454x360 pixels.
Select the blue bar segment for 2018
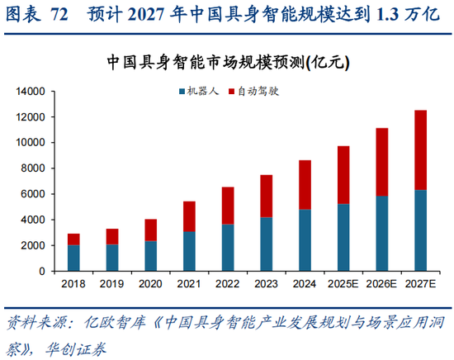point(74,258)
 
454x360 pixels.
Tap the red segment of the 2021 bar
point(189,216)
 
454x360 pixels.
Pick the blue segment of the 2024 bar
point(305,239)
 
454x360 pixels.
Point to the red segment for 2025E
point(343,175)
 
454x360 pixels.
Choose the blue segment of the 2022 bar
point(228,247)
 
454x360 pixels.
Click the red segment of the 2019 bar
point(112,236)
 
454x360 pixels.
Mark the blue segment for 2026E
point(382,233)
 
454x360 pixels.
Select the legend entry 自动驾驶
point(260,91)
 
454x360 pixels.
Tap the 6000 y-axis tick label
point(33,194)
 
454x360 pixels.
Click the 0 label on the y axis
point(43,271)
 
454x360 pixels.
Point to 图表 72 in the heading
point(37,14)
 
